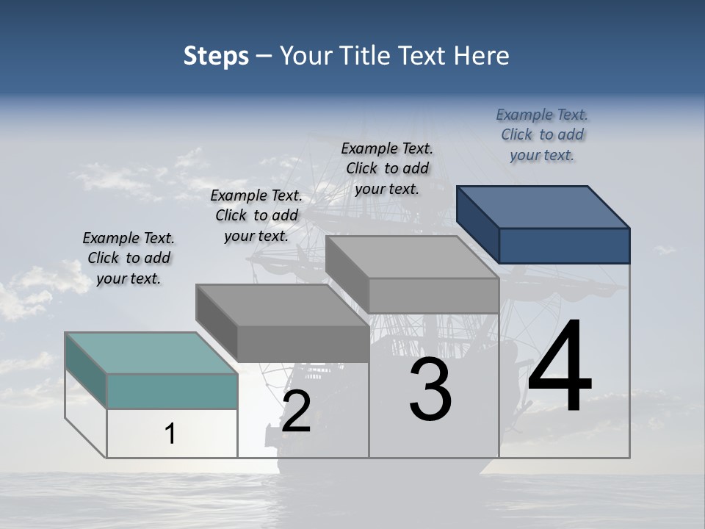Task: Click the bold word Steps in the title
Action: (x=216, y=56)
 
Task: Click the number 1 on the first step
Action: (x=170, y=433)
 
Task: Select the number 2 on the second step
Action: (x=296, y=411)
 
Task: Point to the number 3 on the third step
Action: (x=430, y=389)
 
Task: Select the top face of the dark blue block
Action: (x=543, y=206)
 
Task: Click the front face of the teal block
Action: (x=172, y=391)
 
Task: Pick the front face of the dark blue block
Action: (x=564, y=245)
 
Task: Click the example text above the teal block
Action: (x=129, y=258)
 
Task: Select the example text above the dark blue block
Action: (x=542, y=134)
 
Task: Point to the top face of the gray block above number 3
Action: (x=411, y=256)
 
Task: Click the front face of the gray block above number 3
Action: (x=433, y=295)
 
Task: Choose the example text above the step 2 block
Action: (x=256, y=215)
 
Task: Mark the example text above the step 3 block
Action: (x=387, y=168)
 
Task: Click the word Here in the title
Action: (x=482, y=56)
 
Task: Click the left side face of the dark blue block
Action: (x=478, y=223)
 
